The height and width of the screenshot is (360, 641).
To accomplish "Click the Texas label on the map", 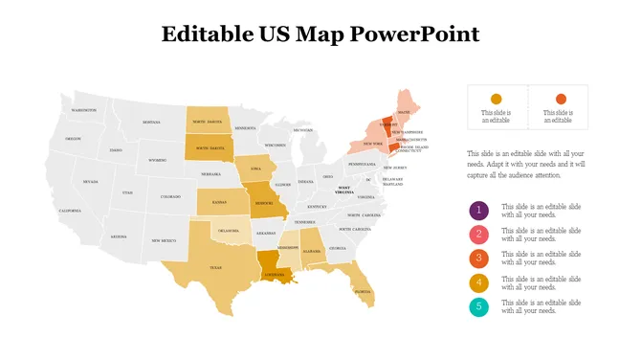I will point(214,268).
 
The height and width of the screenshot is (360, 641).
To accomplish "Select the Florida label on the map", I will point(363,290).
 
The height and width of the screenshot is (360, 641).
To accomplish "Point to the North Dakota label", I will point(208,123).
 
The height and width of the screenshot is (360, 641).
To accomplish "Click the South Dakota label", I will point(210,148).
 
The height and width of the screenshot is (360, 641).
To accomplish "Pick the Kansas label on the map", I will point(219,202).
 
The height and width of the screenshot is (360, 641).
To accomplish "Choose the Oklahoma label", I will point(229,231).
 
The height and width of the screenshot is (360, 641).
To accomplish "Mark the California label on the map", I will point(70,211).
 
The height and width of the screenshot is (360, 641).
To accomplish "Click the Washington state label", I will point(84,110).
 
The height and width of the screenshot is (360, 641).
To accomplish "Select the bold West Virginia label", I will point(343,191).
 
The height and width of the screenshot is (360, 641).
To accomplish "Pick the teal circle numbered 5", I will point(478,306).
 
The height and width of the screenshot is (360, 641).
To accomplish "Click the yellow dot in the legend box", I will point(496,99).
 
